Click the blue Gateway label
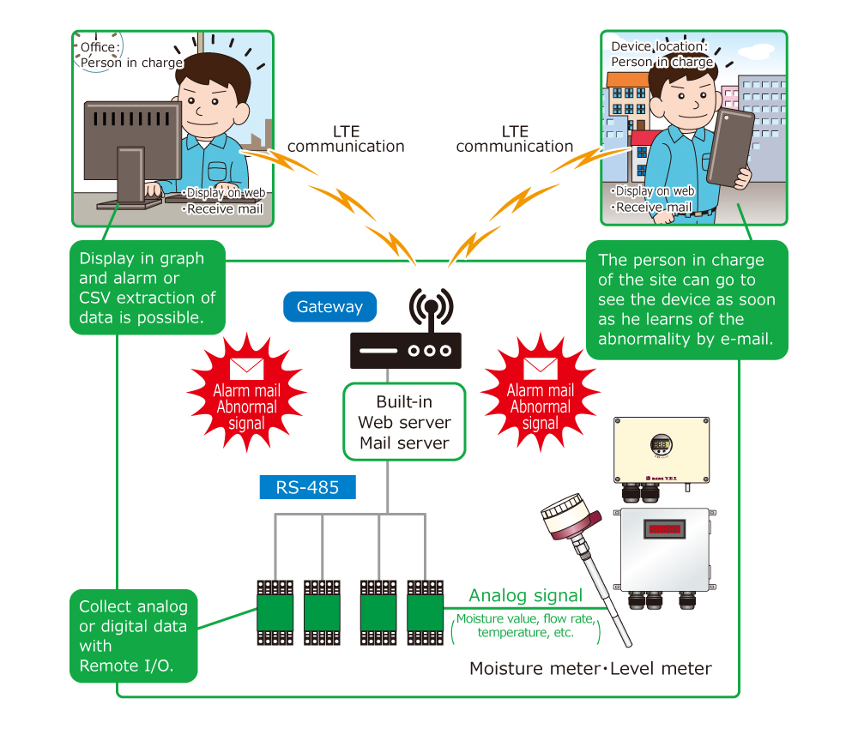coord(329,307)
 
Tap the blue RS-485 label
coord(307,487)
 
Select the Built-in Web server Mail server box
coord(404,422)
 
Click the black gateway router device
coord(406,350)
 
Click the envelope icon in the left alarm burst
coord(247,369)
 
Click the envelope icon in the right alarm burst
coord(541,369)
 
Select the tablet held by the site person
coord(730,148)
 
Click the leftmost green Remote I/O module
coord(275,613)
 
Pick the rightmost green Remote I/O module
coord(426,613)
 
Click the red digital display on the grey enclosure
coord(664,529)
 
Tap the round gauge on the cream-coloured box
coord(661,444)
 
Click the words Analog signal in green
coord(525,595)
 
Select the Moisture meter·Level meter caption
coord(590,668)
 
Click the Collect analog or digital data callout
coord(134,636)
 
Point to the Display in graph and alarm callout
coord(148,287)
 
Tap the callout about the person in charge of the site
coord(686,299)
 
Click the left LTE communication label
coord(346,139)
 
